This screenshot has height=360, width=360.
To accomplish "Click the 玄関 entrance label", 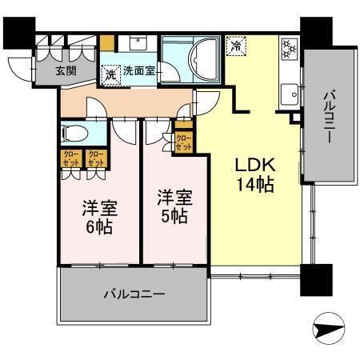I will [66, 70].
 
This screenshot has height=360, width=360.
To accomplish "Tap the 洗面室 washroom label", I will [138, 70].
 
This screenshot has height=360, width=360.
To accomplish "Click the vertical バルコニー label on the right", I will [328, 117].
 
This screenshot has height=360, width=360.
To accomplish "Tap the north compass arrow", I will [329, 326].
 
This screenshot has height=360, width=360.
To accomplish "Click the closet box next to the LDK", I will [183, 141].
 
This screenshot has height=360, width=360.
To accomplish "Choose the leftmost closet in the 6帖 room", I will [70, 158].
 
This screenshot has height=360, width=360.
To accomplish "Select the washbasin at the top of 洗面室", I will [132, 44].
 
